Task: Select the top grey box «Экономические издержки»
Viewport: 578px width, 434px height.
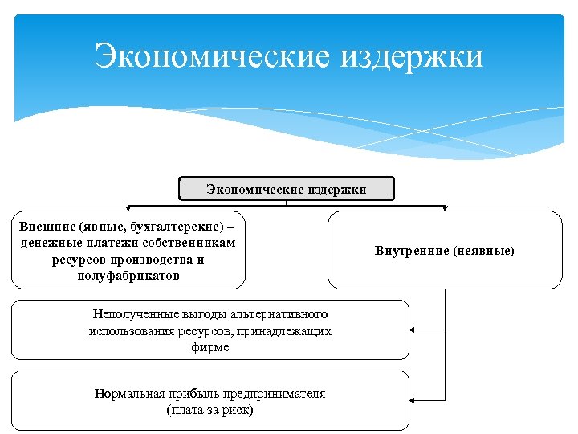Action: click(287, 189)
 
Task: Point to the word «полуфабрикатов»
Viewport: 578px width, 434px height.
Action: click(128, 276)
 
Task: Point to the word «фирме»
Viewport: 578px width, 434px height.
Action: click(210, 347)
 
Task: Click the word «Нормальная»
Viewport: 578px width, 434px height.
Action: click(128, 393)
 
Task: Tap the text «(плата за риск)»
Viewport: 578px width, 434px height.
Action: click(210, 410)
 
